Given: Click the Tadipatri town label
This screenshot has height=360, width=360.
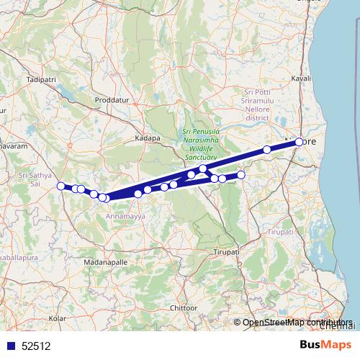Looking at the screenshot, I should [40, 78].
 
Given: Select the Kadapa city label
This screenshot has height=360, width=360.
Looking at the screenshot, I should [147, 137].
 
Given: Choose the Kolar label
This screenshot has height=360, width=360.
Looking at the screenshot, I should [56, 317].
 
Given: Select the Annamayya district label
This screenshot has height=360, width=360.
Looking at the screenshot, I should [125, 215].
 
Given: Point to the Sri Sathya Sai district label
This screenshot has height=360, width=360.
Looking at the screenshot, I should [34, 179].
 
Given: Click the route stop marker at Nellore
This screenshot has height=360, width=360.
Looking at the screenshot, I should [299, 142].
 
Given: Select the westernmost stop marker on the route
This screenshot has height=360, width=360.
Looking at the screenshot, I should [61, 186].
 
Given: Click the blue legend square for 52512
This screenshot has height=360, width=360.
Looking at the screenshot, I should [10, 346].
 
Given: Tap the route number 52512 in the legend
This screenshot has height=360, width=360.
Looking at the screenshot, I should [37, 346].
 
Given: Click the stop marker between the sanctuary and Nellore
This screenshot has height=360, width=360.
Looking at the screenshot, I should [267, 150].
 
